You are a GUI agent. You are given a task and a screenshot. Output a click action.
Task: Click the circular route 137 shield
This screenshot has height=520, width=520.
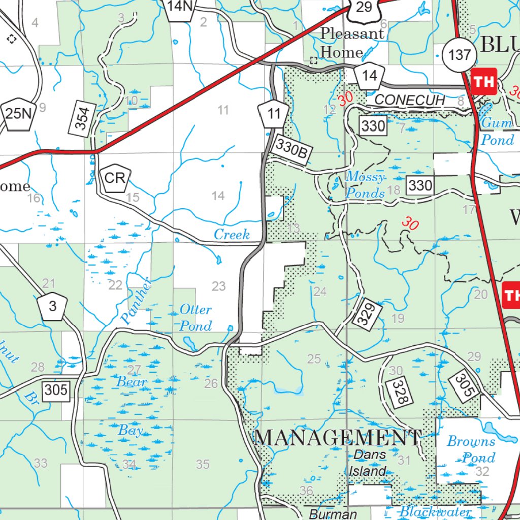pos(460,54)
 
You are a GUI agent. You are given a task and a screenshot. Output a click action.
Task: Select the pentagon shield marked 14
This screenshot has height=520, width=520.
pos(370,76)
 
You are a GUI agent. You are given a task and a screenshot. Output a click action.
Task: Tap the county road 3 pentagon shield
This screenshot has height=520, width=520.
pos(52,307)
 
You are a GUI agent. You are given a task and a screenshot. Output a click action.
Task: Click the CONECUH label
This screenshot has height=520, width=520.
pos(410,101)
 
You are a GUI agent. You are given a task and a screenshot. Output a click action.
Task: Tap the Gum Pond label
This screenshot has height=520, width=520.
pos(497,131)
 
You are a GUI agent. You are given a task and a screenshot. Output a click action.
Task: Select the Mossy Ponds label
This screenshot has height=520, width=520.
pos(365,185)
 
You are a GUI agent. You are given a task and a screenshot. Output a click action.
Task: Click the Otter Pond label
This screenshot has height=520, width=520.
pos(196,317)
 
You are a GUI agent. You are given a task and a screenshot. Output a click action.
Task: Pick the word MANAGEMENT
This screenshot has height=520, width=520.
pos(338,437)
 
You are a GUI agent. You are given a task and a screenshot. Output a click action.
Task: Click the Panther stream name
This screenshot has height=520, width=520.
pos(136,301)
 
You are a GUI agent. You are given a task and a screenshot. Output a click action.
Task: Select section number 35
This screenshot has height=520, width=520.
pos(203,464)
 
